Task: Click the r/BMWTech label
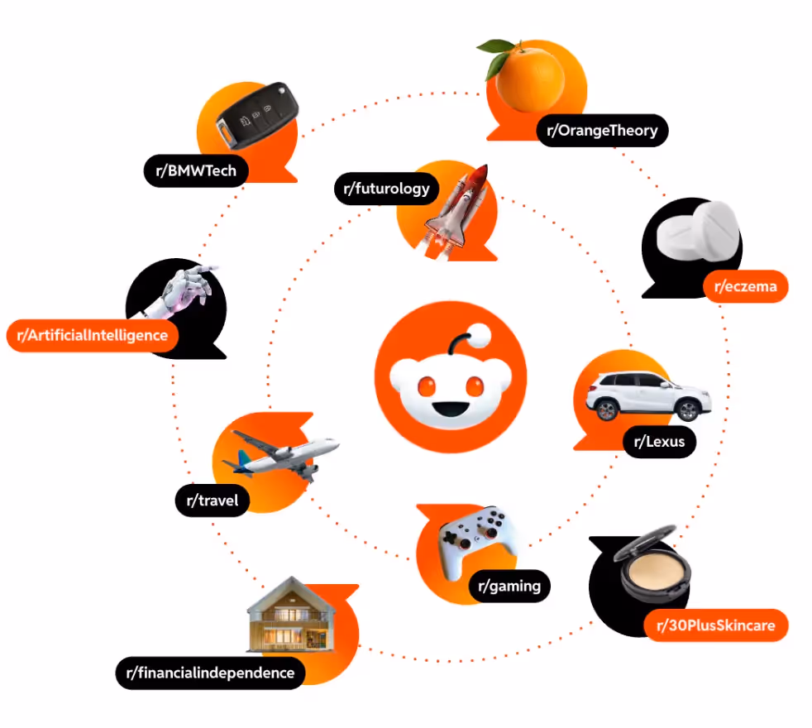196,171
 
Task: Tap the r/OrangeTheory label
602,130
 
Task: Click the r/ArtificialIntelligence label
92,336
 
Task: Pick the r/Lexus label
659,442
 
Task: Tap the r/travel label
212,500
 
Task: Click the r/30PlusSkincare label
715,625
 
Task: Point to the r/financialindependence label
210,673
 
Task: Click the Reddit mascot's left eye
427,386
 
